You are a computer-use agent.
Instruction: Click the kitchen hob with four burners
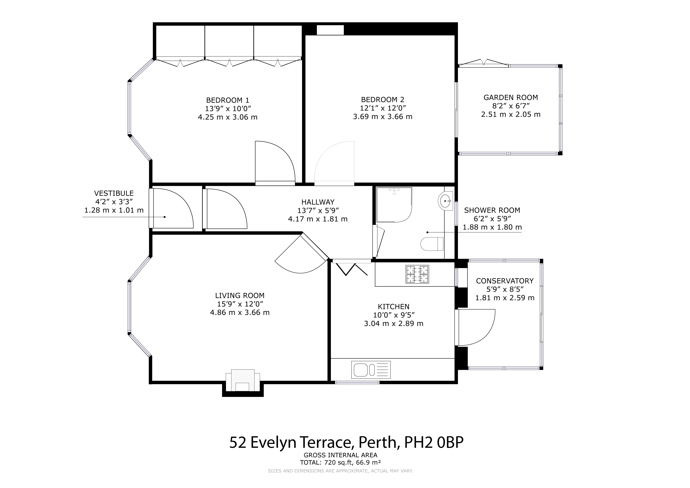(x=417, y=274)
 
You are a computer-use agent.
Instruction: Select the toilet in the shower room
(x=432, y=244)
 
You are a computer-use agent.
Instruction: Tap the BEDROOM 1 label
(x=228, y=100)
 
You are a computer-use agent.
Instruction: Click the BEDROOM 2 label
(x=383, y=99)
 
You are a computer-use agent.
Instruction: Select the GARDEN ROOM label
(x=511, y=97)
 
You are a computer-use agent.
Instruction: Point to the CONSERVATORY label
(x=505, y=281)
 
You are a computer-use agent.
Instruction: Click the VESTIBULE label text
(x=114, y=193)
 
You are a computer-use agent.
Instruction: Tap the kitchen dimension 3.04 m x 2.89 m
(x=393, y=324)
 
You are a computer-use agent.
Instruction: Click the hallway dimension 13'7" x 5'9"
(x=318, y=210)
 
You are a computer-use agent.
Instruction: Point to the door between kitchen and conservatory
(x=475, y=328)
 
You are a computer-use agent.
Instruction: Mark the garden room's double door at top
(x=483, y=63)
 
